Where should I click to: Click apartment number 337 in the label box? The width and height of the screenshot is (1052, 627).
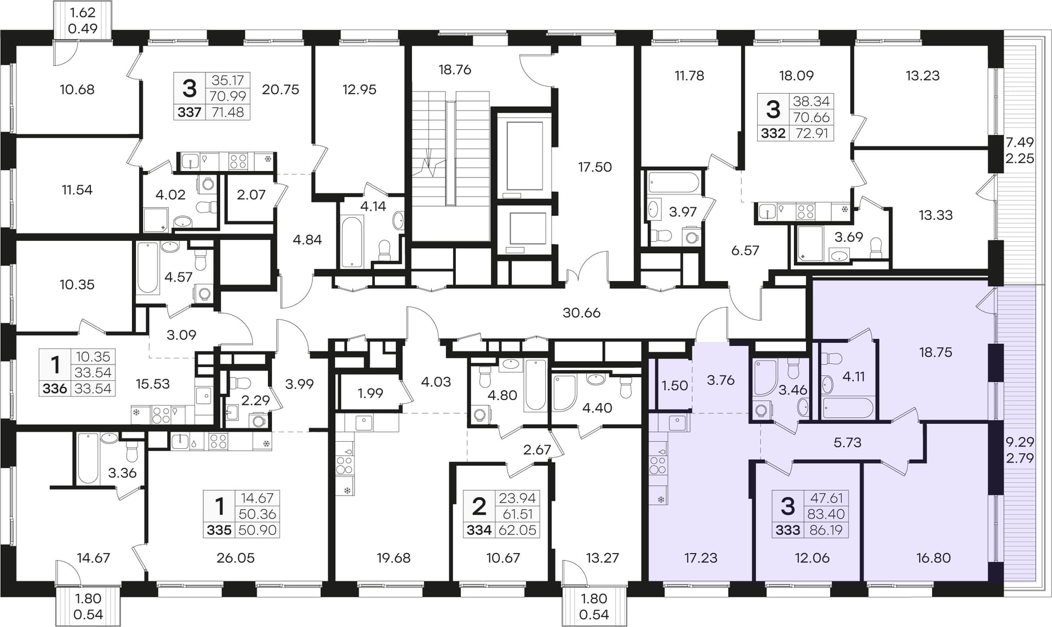[190, 112]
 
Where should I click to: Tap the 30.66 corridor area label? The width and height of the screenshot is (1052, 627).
[581, 313]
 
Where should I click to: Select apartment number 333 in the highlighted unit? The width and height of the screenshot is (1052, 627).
[788, 530]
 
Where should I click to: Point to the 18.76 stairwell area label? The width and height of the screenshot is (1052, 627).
[455, 70]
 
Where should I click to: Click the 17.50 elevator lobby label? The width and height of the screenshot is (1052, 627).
[594, 167]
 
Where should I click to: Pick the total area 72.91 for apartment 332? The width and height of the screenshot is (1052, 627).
[811, 133]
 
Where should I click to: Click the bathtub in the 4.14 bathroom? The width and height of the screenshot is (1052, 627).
[352, 242]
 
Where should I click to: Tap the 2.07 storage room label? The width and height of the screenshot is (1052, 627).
[251, 195]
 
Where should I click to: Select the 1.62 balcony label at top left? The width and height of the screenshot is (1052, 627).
[83, 12]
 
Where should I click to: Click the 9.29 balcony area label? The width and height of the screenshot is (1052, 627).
[1020, 442]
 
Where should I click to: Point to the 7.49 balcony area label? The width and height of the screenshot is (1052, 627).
[1020, 142]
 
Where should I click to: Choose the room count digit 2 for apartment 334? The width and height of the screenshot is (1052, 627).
[479, 506]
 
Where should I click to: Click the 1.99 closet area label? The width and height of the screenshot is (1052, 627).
[370, 393]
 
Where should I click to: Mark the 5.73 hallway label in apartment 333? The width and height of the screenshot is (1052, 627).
[847, 442]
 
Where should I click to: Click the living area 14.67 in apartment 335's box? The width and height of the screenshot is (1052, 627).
[257, 498]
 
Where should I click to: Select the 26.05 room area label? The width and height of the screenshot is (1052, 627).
[236, 558]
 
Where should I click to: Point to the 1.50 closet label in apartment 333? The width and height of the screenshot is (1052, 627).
[674, 385]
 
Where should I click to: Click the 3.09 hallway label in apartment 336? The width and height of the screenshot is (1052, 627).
[181, 335]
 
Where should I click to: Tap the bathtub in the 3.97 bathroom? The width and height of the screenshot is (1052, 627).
[674, 183]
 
